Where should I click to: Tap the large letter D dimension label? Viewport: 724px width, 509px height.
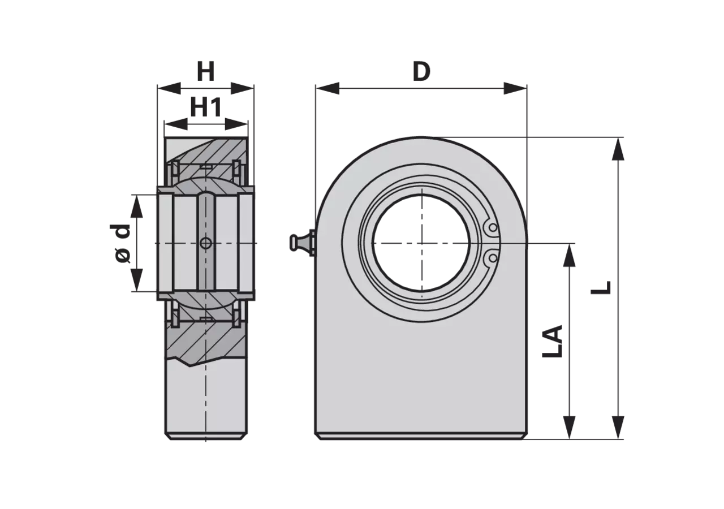pyautogui.click(x=421, y=71)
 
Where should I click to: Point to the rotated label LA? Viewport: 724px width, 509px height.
pyautogui.click(x=553, y=341)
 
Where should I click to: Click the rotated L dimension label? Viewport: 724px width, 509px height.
pyautogui.click(x=601, y=288)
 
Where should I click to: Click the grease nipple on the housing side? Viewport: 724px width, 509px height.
pyautogui.click(x=302, y=243)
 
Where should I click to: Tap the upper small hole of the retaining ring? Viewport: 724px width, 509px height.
pyautogui.click(x=493, y=227)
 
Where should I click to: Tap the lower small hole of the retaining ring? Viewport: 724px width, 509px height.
pyautogui.click(x=493, y=258)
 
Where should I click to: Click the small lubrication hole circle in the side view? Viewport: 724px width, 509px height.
pyautogui.click(x=205, y=243)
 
